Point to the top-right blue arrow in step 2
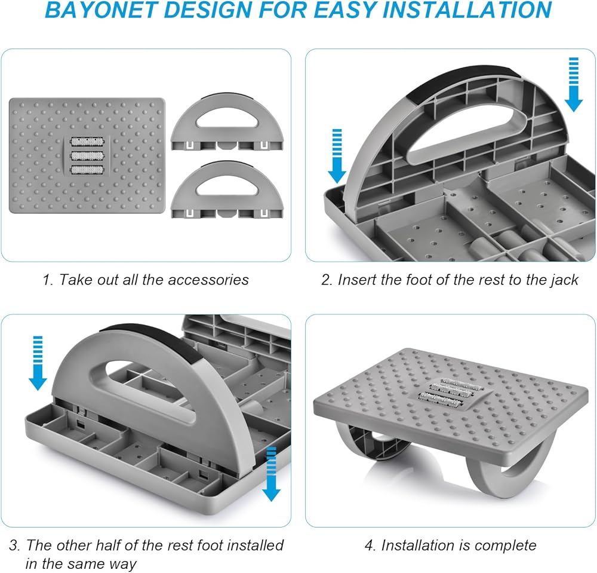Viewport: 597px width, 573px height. pos(574,84)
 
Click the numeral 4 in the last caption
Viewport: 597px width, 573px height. pos(368,545)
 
